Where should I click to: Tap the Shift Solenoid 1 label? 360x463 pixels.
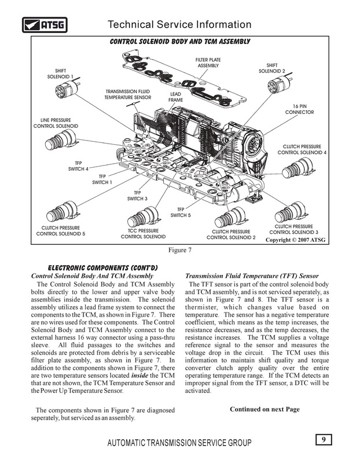[60, 73]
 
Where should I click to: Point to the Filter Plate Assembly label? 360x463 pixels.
[209, 63]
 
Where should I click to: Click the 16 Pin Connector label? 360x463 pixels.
[299, 109]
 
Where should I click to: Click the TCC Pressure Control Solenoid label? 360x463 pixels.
[143, 234]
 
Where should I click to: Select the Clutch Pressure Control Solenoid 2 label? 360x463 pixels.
[231, 234]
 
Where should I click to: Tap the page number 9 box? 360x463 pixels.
[324, 439]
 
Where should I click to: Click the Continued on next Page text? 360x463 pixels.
[265, 409]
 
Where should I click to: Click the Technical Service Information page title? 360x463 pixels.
[179, 24]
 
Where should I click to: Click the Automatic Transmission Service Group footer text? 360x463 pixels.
[179, 443]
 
